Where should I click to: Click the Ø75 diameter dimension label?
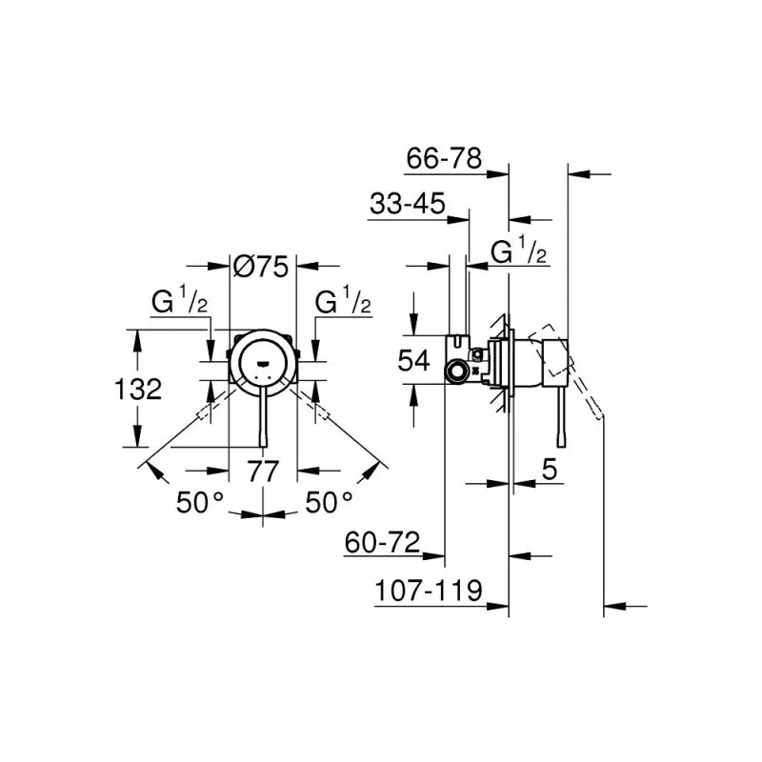(x=260, y=268)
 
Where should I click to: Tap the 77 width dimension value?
(x=264, y=470)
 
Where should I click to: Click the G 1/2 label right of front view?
(x=343, y=303)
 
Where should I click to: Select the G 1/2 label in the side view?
(x=519, y=252)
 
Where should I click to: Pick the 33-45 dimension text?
(x=407, y=203)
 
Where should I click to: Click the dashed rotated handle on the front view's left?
(x=212, y=408)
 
